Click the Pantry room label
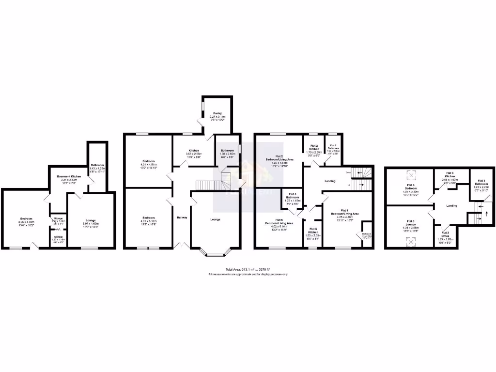point(217,113)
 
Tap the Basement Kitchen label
point(69,176)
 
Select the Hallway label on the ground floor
point(182,217)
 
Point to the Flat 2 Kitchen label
point(314,147)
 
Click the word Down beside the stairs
point(348,172)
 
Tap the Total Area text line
point(248,269)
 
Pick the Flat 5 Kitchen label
point(313,230)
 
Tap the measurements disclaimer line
point(248,274)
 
